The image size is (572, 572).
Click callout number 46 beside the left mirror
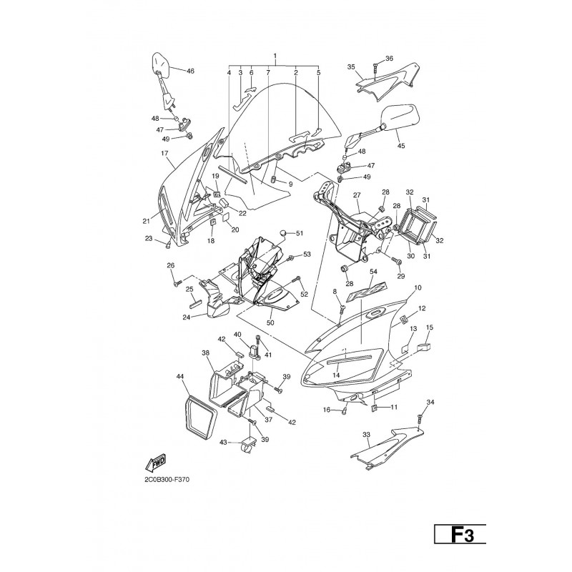coord(190,71)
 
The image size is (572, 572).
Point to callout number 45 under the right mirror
coord(401,146)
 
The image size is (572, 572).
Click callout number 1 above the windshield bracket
coord(275,56)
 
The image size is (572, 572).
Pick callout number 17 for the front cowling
coord(164,154)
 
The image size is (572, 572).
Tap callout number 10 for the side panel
coord(418,288)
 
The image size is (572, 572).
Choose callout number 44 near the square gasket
coord(181,376)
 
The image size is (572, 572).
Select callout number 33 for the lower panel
coord(366,435)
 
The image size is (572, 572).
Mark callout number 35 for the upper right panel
coord(351,67)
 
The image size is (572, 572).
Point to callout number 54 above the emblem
coord(373,272)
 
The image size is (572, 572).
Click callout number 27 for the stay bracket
coord(357,195)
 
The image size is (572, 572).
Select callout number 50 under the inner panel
coord(270,323)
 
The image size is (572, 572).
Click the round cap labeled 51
coord(283,232)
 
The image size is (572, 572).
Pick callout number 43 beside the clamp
coord(223,443)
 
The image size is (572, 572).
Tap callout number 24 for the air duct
coord(187,317)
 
